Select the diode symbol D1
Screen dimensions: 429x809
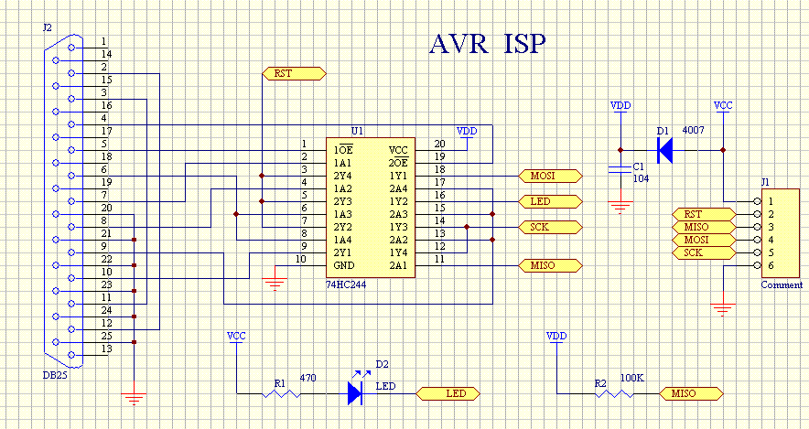pos(665,149)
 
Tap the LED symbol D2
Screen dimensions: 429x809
pos(357,393)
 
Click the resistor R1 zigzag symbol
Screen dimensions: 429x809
pos(281,394)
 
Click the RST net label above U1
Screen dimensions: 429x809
pos(294,73)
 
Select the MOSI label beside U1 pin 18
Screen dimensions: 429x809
pos(551,175)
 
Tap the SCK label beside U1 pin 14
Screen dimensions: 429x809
pos(551,226)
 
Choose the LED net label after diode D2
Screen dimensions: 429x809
pos(448,394)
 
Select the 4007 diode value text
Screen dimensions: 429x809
pos(695,131)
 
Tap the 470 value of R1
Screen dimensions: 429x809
pos(308,377)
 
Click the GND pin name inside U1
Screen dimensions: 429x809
pos(344,265)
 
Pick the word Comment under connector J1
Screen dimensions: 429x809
pos(782,285)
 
